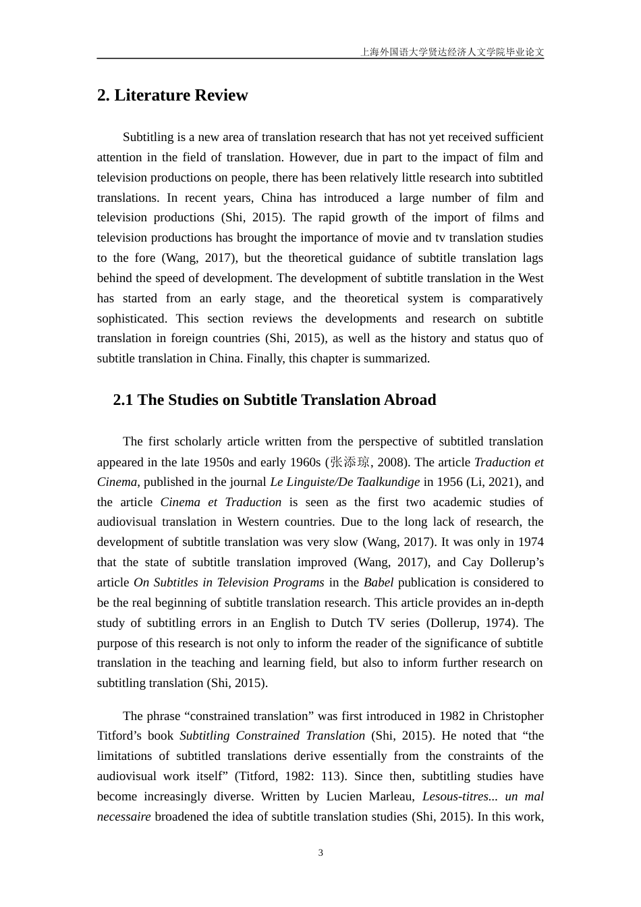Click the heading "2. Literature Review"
tap(173, 95)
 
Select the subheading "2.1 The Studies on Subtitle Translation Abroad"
tap(274, 400)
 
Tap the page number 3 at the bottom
tap(320, 852)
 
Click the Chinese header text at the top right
tap(452, 51)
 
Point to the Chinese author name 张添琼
tap(350, 462)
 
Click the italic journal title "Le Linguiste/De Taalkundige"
tap(345, 482)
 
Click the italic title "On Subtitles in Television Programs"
tap(229, 582)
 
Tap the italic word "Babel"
tap(378, 582)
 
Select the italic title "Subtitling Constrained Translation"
tap(272, 736)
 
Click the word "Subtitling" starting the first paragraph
tap(148, 137)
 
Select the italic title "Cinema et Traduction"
tap(221, 502)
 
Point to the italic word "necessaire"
tap(124, 817)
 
